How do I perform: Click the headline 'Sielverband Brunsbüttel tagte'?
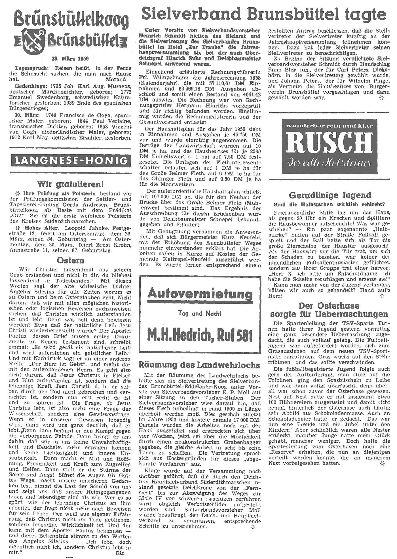264,14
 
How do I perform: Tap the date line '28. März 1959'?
70,59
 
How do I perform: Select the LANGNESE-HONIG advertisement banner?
71,161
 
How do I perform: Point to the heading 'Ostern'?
70,260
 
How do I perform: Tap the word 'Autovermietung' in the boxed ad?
200,293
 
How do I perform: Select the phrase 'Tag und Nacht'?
200,313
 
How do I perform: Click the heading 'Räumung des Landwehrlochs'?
199,364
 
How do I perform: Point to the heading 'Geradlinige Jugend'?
330,195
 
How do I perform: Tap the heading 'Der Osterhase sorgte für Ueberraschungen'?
329,310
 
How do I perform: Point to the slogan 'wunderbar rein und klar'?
329,126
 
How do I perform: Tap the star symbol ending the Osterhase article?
382,463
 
